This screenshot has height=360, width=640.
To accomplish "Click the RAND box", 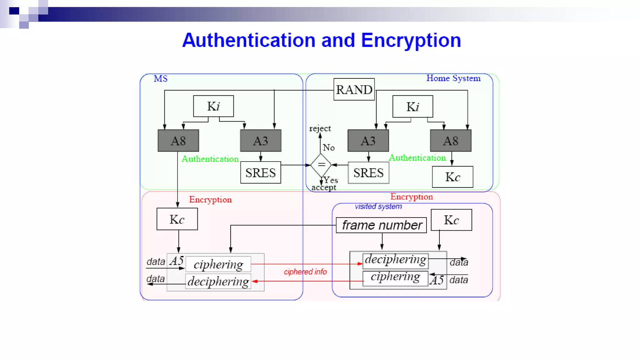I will (x=354, y=89).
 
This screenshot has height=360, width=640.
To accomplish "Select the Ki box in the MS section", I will (x=213, y=106).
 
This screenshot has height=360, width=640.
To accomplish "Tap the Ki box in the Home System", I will (x=412, y=107).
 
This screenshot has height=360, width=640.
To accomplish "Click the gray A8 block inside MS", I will (x=178, y=141).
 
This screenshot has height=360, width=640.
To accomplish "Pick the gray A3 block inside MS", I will (x=261, y=141).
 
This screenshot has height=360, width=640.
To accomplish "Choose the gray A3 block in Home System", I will (x=368, y=141).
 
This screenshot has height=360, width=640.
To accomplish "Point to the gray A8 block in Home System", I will (x=451, y=141).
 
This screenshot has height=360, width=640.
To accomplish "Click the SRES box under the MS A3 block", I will (x=261, y=172).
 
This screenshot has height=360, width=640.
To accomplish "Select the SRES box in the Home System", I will (x=368, y=172).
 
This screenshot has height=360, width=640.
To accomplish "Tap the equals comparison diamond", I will (x=321, y=165).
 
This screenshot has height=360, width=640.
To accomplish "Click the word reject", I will (x=320, y=128).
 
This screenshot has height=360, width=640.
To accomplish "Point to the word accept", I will (x=324, y=187).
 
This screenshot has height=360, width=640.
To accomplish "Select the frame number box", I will (x=381, y=225).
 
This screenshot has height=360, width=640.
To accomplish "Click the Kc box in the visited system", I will (x=451, y=220).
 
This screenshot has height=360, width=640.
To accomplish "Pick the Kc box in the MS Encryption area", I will (x=177, y=219).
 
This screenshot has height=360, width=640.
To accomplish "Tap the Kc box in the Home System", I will (x=452, y=177).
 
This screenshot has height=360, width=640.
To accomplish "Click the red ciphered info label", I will (x=305, y=272).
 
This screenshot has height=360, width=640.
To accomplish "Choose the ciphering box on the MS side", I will (x=218, y=264).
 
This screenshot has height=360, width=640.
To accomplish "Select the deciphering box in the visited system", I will (x=395, y=260).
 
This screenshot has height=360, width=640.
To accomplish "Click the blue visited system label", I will (x=378, y=207).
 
